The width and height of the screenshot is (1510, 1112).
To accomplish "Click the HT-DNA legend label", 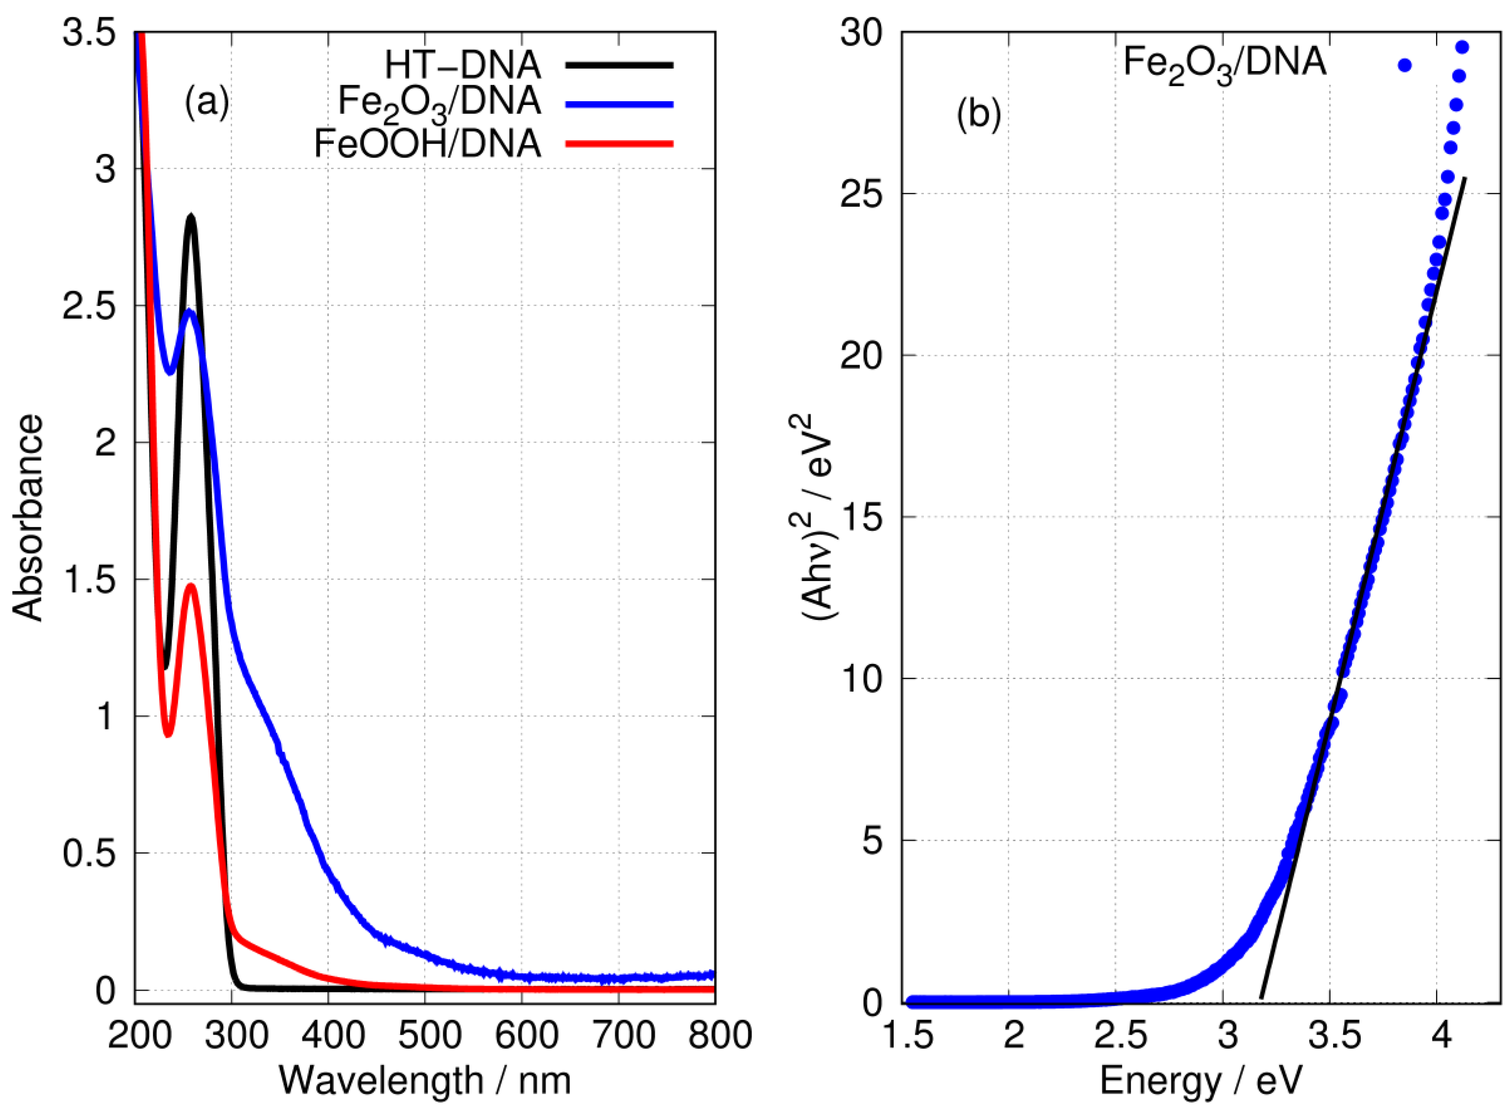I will click(462, 65).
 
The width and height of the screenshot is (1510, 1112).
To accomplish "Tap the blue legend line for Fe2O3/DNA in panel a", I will click(619, 104).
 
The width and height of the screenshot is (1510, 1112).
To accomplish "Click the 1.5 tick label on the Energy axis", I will click(908, 1035).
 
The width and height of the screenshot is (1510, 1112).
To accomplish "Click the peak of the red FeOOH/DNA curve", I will click(191, 586).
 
